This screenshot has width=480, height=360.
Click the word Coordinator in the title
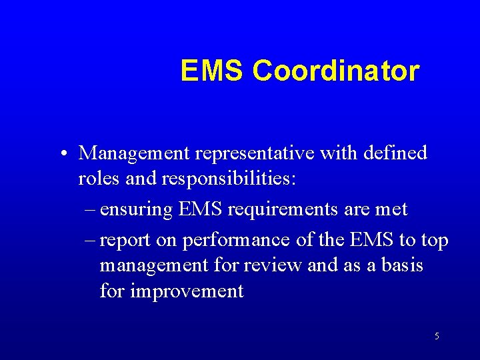click(x=336, y=71)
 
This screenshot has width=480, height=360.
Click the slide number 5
click(x=437, y=337)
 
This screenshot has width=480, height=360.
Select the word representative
click(x=257, y=153)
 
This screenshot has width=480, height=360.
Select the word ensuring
click(x=137, y=209)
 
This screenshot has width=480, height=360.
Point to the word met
click(x=391, y=209)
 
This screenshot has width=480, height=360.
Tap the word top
click(x=434, y=240)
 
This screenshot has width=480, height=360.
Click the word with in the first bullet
click(x=339, y=153)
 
